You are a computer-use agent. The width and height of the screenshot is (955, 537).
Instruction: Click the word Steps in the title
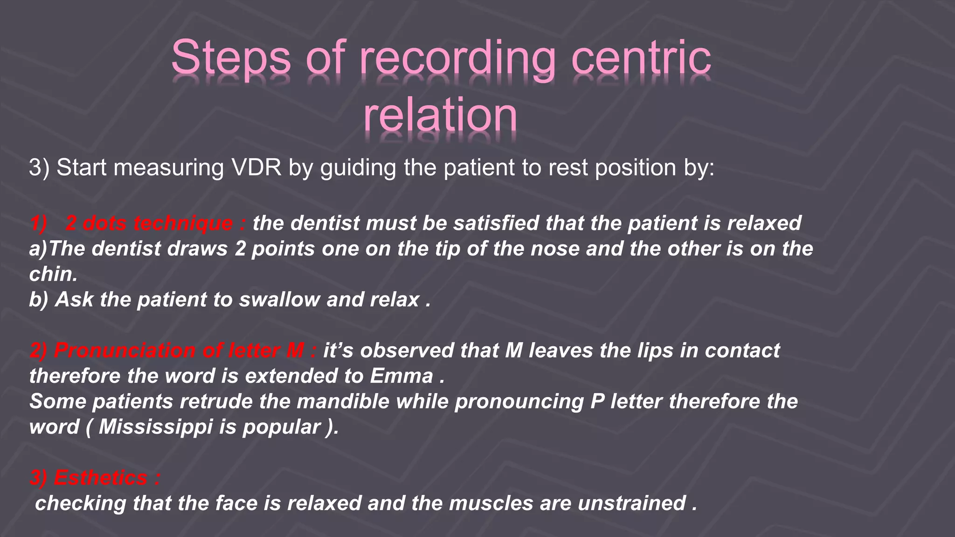tap(231, 58)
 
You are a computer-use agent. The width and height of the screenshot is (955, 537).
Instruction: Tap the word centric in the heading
tap(641, 58)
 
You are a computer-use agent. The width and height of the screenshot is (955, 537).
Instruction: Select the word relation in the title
tap(440, 115)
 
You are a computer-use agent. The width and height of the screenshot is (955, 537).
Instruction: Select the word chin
tap(53, 274)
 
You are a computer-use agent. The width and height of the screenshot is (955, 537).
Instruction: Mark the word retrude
tap(216, 401)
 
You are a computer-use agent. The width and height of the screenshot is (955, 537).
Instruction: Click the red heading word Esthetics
tap(101, 478)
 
